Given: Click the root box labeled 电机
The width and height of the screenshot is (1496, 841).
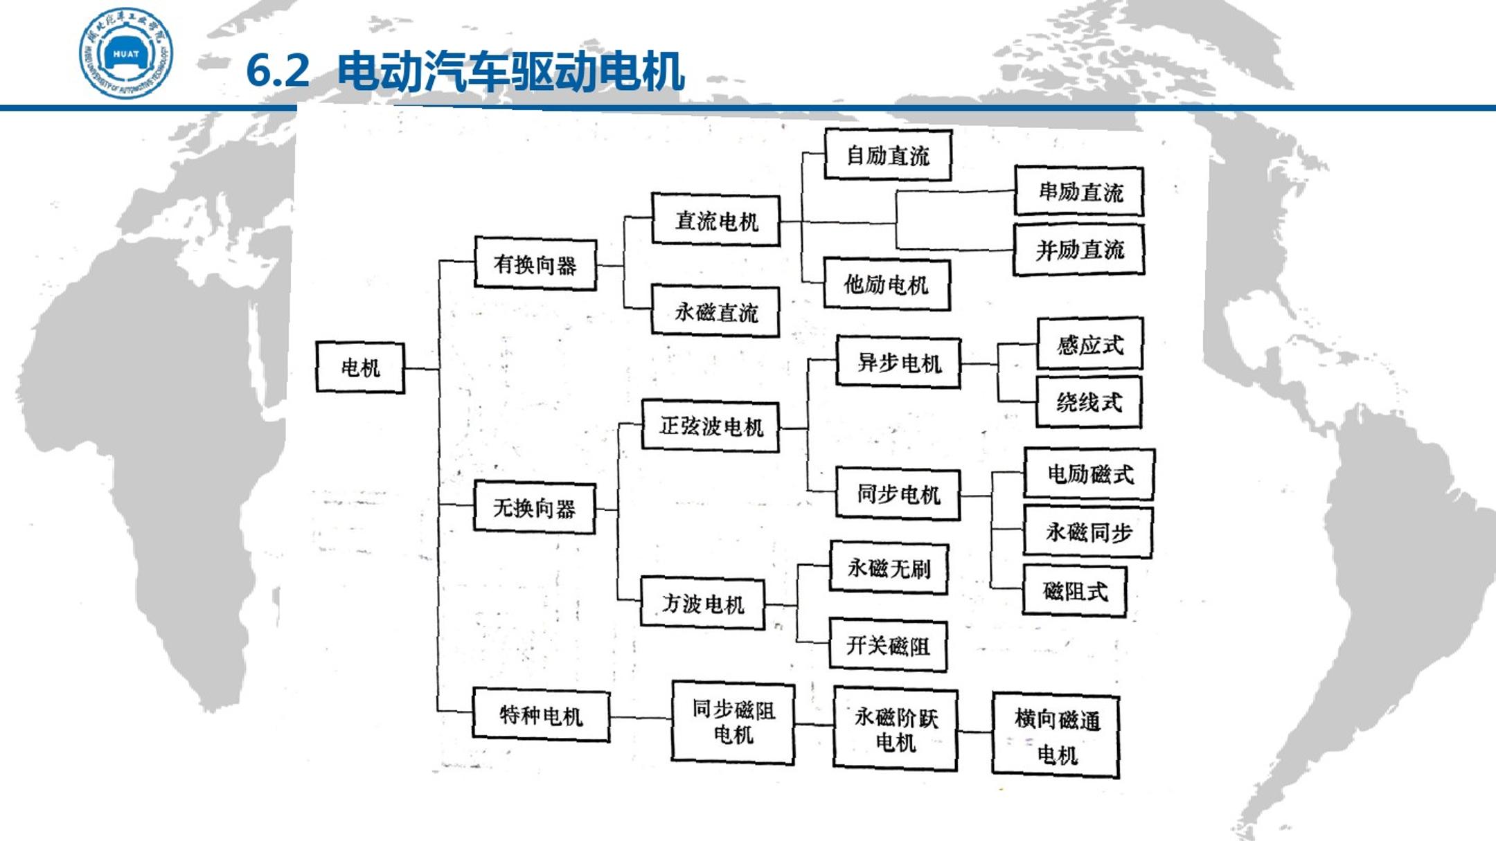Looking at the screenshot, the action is point(360,367).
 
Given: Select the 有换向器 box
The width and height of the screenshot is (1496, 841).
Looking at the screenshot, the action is point(535,264).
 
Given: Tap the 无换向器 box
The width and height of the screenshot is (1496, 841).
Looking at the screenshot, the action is point(535,507).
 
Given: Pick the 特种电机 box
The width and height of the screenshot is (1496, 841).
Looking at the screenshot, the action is point(541,714).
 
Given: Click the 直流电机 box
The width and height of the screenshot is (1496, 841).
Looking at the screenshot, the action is point(716,220).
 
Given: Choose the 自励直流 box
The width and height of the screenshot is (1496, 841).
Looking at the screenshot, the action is point(888,155).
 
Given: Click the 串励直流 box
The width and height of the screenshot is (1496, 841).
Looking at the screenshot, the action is point(1079,191).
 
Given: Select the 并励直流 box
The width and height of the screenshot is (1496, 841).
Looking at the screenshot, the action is point(1079,249).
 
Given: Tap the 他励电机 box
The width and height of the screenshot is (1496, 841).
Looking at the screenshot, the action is point(887,284).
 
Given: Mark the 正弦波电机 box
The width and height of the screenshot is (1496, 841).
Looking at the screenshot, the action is point(711,426).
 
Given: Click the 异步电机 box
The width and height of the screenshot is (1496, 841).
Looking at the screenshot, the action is point(898,362).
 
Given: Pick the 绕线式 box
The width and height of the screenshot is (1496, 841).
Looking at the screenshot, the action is point(1089,402).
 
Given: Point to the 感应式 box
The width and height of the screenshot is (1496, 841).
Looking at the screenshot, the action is point(1089,344).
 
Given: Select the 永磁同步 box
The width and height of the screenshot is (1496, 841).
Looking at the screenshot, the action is point(1088,532).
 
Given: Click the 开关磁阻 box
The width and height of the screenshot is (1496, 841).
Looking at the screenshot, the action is point(888,645).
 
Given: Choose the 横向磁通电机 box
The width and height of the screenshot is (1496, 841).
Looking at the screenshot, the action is point(1056,735).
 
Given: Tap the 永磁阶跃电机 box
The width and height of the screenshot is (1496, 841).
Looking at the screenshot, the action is point(896,729).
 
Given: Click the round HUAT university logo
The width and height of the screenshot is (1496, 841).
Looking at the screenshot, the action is point(125,54).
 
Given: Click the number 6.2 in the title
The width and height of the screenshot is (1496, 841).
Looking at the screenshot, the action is point(278,70).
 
